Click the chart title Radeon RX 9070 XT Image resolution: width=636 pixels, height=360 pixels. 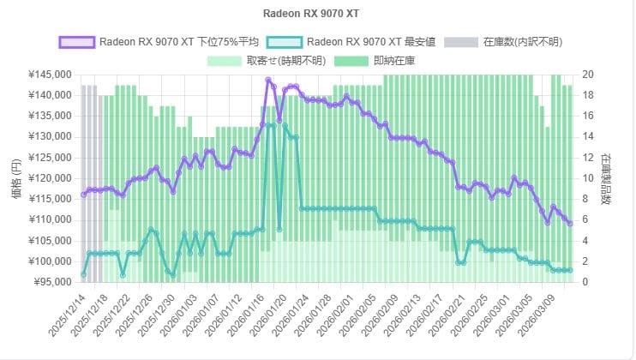coord(317,15)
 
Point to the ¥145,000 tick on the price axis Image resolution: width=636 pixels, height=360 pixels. coord(48,75)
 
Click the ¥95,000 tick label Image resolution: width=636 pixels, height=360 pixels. coord(51,282)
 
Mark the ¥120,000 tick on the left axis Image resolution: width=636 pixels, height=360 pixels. coord(48,178)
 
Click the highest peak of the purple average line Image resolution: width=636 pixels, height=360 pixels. coord(268,81)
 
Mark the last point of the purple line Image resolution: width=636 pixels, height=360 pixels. coord(570,223)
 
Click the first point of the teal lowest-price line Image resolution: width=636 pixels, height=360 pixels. coord(83,274)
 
